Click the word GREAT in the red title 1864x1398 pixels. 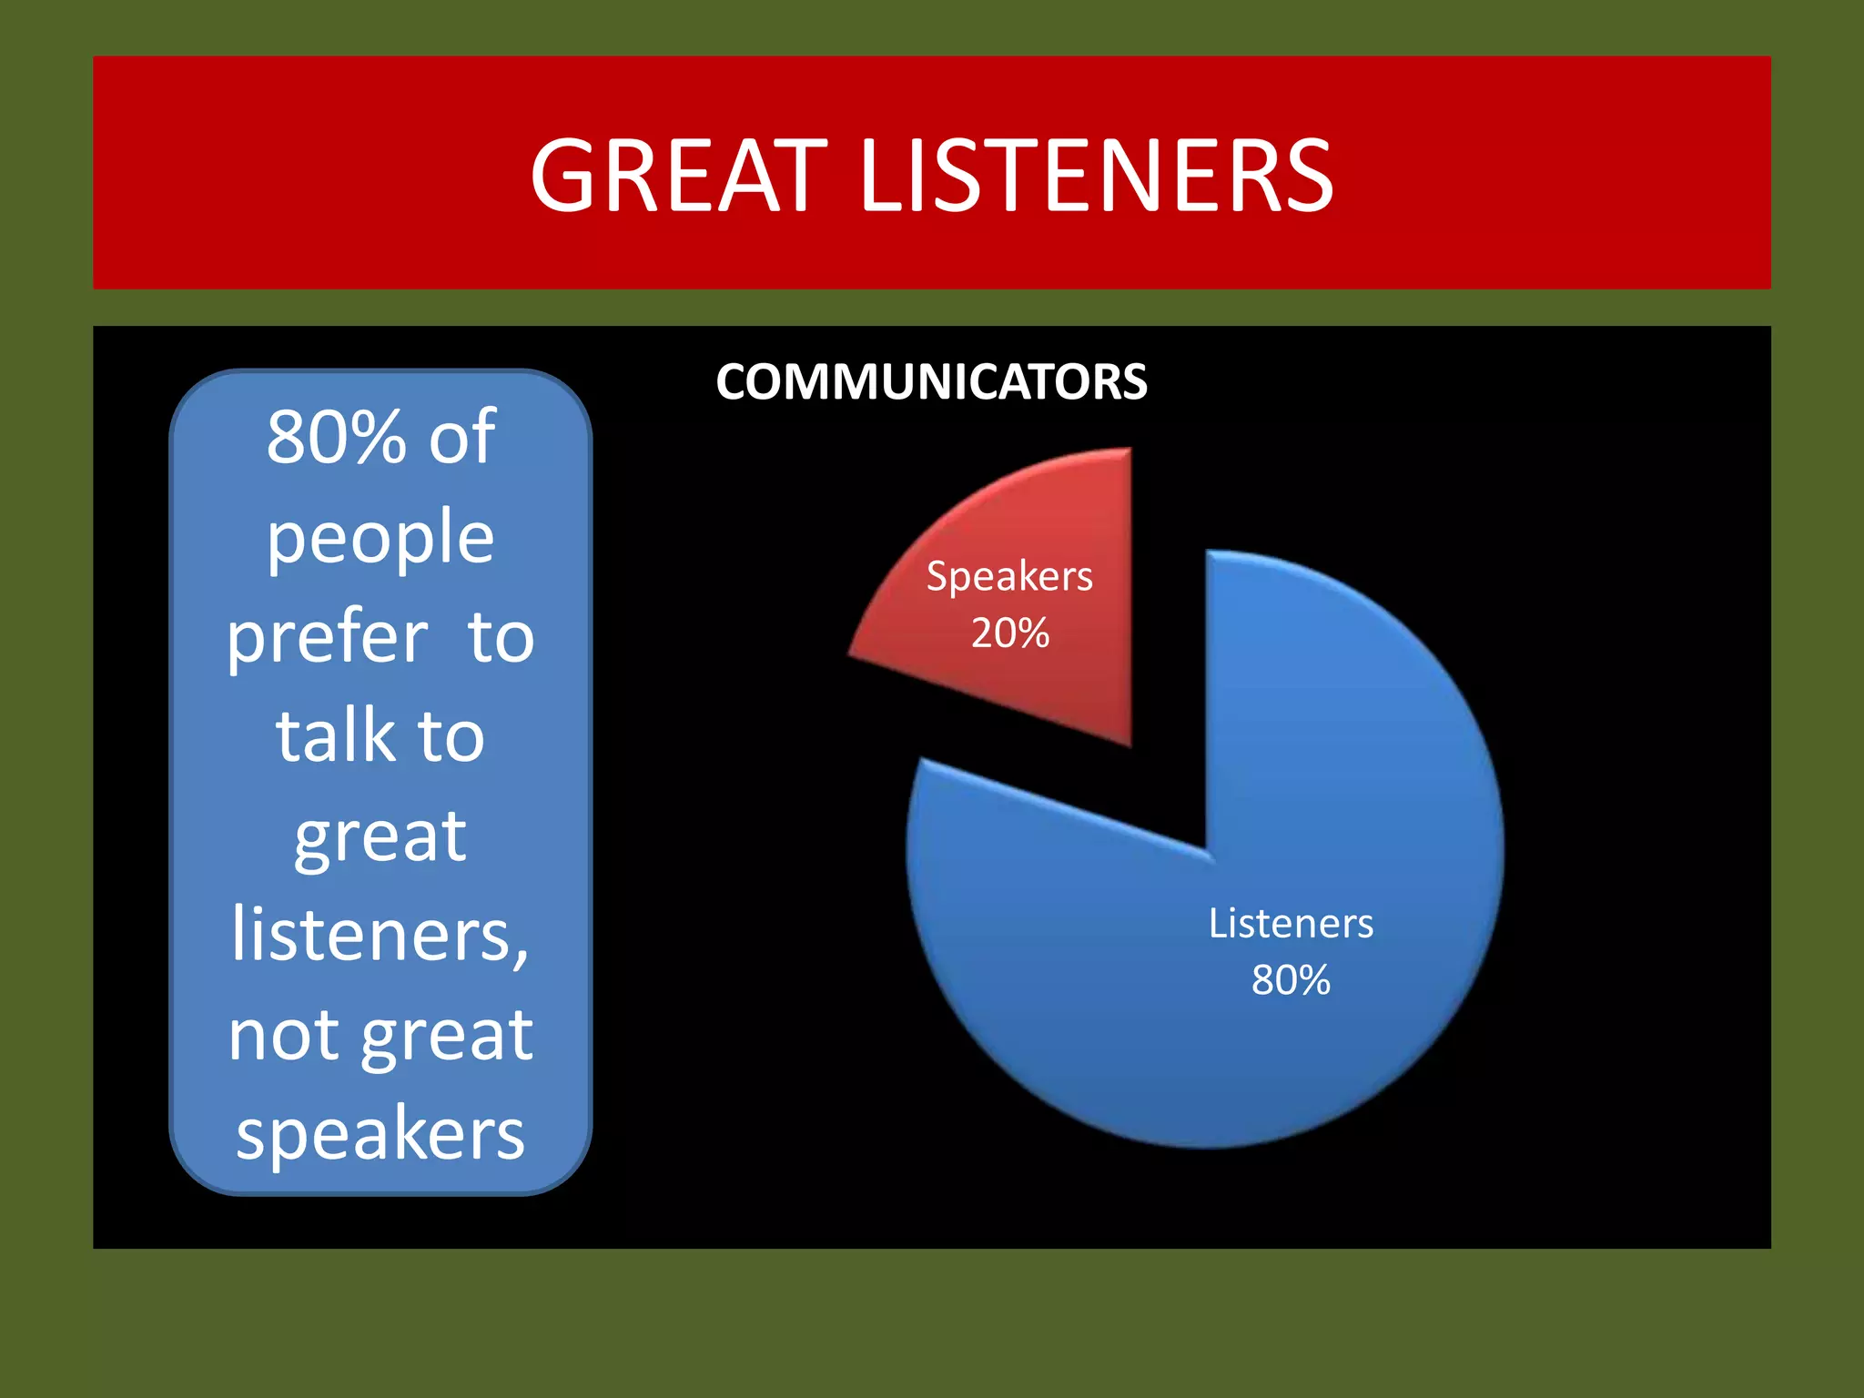click(678, 177)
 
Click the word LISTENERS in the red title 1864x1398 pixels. click(1096, 177)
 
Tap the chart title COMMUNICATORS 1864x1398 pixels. click(931, 382)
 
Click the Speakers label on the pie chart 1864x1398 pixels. click(1009, 577)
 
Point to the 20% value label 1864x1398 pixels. click(1010, 633)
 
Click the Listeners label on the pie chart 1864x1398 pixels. click(1291, 924)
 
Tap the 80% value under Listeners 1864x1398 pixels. click(1291, 981)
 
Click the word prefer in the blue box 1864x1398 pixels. click(327, 637)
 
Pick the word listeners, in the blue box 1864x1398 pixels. click(380, 935)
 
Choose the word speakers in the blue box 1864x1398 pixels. click(380, 1135)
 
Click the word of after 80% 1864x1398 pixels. click(462, 438)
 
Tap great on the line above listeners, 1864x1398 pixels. click(380, 837)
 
